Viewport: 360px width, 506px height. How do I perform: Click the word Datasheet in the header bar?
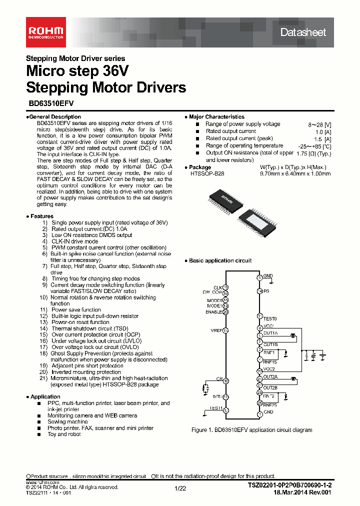(303, 32)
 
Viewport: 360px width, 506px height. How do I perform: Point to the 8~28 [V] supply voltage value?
(319, 124)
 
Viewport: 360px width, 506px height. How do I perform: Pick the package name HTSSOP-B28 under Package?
(207, 173)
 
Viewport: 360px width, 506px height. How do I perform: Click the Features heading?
(40, 216)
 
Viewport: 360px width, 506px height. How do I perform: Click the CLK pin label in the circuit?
(217, 287)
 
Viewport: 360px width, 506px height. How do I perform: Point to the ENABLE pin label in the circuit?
(213, 312)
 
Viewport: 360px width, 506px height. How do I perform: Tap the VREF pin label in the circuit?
(216, 330)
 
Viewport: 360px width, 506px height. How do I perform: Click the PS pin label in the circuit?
(266, 291)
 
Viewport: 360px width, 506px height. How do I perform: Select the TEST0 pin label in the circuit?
(269, 318)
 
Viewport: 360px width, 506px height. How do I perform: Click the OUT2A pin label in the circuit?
(270, 377)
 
